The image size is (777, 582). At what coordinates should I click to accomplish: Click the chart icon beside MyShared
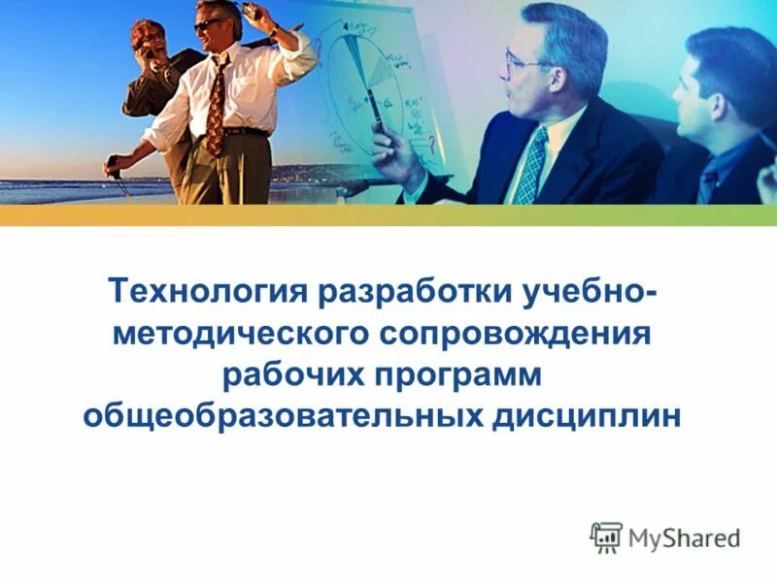pyautogui.click(x=606, y=536)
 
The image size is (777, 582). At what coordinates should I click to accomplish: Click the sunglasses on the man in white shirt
pyautogui.click(x=208, y=26)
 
